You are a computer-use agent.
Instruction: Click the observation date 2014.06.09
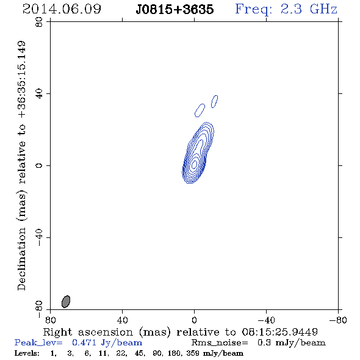point(62,9)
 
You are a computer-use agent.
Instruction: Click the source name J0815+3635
point(175,10)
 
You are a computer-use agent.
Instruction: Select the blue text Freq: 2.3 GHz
point(286,10)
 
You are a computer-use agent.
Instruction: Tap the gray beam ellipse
point(66,301)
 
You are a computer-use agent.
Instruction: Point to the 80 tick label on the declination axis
point(39,22)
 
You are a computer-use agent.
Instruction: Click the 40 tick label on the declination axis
point(39,94)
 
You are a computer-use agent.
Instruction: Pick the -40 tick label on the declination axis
point(39,237)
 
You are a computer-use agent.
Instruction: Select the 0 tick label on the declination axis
point(39,165)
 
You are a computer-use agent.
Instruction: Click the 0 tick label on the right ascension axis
point(194,320)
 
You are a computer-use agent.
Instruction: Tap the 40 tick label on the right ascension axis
point(122,320)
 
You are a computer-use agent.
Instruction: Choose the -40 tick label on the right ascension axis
point(266,320)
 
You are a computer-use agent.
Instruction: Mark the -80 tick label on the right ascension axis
point(338,320)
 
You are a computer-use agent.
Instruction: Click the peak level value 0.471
point(84,342)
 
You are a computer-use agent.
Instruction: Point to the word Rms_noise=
point(220,343)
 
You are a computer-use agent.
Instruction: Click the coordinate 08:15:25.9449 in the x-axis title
point(279,332)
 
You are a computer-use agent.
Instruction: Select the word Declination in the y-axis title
point(21,259)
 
